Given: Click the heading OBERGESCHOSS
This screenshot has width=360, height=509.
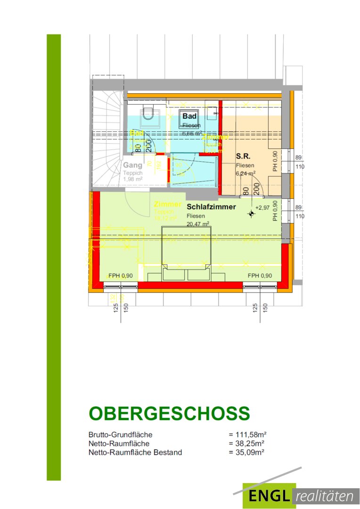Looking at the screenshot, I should pyautogui.click(x=169, y=413).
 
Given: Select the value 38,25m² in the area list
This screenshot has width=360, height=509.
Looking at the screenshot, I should pyautogui.click(x=246, y=443).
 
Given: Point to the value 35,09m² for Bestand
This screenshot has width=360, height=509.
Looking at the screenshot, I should pyautogui.click(x=246, y=452).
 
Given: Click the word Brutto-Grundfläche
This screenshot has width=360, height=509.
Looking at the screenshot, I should pyautogui.click(x=121, y=435).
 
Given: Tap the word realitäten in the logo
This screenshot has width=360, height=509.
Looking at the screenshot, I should pyautogui.click(x=326, y=496).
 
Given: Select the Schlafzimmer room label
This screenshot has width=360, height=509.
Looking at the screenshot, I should pyautogui.click(x=211, y=207).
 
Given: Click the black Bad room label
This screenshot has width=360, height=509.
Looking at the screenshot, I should pyautogui.click(x=189, y=116).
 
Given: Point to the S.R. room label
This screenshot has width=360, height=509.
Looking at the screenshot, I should pyautogui.click(x=243, y=155).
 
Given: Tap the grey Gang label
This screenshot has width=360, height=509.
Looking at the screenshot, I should pyautogui.click(x=132, y=165).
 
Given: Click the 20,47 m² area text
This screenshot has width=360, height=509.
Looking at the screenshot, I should pyautogui.click(x=197, y=224).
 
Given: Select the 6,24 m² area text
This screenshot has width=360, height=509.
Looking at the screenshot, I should pyautogui.click(x=245, y=173).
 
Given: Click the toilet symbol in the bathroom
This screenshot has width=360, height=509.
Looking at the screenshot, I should pyautogui.click(x=149, y=113).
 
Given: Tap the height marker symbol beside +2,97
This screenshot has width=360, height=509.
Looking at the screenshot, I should pyautogui.click(x=251, y=214).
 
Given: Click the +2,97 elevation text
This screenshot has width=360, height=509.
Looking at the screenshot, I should pyautogui.click(x=262, y=207).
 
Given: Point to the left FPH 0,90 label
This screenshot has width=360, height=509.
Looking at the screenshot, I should pyautogui.click(x=120, y=276).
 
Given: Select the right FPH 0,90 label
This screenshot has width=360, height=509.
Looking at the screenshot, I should pyautogui.click(x=260, y=276).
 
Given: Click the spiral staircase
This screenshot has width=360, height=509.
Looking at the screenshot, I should pyautogui.click(x=107, y=141).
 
